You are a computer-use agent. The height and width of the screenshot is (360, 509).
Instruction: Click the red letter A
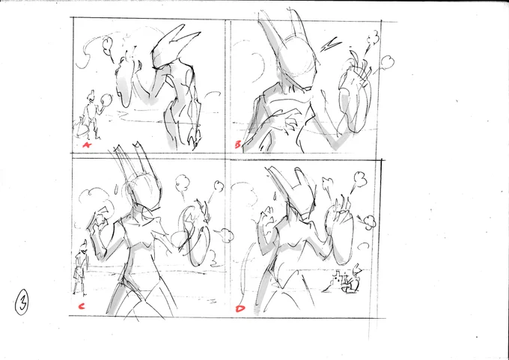click(x=87, y=144)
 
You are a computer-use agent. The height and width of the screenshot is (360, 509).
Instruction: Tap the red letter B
click(x=238, y=144)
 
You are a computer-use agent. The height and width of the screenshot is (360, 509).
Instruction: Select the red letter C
click(x=82, y=306)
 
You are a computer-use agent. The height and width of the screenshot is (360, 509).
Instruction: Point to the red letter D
click(x=240, y=308)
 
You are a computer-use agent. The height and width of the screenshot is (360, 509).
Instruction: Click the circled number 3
click(x=22, y=302)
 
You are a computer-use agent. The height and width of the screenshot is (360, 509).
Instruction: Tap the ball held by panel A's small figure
click(x=106, y=100)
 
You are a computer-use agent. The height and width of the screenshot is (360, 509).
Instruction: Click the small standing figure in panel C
click(x=81, y=267)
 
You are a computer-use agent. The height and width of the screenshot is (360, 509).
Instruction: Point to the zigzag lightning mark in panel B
click(x=330, y=45)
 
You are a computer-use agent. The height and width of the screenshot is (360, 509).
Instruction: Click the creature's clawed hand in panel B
click(x=289, y=124)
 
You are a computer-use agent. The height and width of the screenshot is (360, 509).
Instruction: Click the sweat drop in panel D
click(x=274, y=195)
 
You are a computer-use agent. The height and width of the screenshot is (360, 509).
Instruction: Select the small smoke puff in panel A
click(x=108, y=46)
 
